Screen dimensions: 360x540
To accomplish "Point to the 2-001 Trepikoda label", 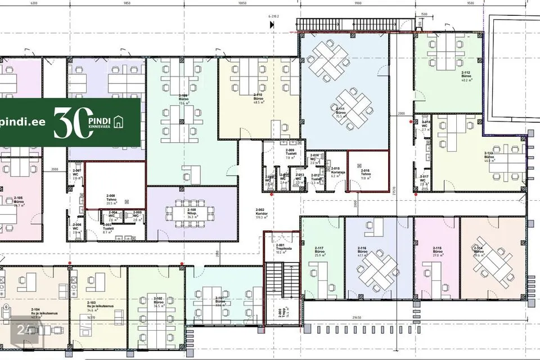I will (280, 249).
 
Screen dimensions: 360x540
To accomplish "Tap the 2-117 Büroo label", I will (319, 251).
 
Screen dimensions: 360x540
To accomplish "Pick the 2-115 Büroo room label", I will (438, 251).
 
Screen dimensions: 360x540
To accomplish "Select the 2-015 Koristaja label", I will (335, 172).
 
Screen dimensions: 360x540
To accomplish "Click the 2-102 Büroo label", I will (158, 301).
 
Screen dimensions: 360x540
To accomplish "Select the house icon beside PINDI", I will (119, 121).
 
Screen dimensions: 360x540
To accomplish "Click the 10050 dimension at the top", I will (242, 3).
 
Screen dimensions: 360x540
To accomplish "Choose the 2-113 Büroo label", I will (488, 156).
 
